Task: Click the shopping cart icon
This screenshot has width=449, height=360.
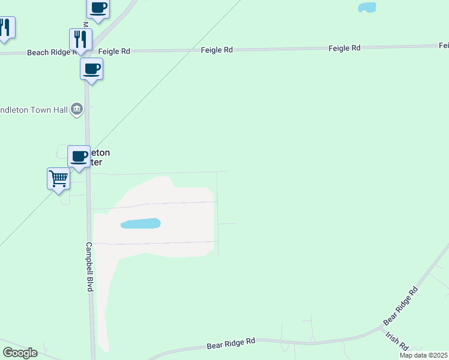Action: [58, 178]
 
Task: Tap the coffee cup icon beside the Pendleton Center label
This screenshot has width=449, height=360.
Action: [79, 157]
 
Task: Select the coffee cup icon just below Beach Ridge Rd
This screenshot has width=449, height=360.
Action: [91, 68]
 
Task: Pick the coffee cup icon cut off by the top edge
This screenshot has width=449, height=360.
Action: [98, 8]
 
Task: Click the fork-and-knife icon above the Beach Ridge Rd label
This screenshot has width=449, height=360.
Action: [80, 40]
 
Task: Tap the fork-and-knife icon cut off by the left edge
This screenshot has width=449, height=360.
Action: [5, 28]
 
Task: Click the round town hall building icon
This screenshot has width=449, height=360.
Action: [77, 109]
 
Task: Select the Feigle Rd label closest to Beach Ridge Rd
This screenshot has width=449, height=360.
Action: [114, 52]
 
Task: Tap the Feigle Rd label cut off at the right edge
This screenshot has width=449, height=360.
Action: [444, 46]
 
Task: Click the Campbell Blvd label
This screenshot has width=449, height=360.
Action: [88, 267]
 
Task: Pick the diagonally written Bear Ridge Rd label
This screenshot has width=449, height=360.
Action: [400, 306]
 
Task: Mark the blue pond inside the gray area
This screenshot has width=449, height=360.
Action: [140, 224]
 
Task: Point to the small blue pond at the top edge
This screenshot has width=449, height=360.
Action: [367, 7]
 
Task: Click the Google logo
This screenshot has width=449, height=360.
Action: [20, 353]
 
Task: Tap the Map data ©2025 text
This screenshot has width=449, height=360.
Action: [423, 355]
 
